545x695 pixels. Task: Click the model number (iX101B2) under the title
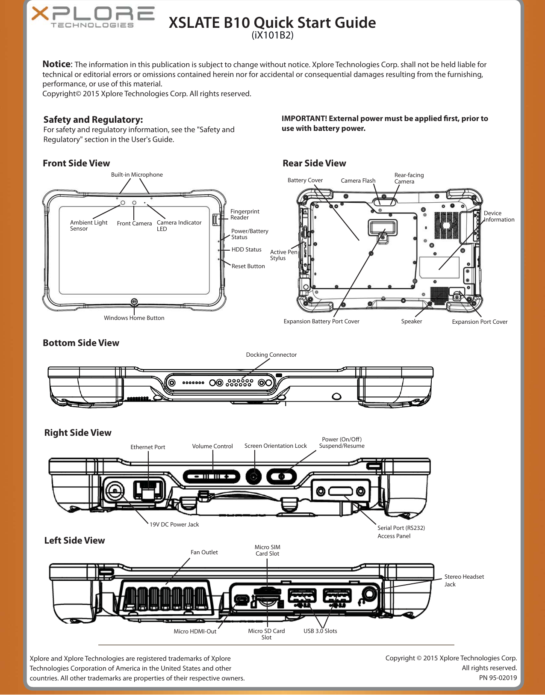(272, 35)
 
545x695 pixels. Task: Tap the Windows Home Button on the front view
(134, 302)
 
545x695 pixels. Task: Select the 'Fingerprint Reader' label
(245, 214)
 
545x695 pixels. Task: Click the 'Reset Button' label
(248, 266)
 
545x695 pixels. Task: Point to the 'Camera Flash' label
(358, 180)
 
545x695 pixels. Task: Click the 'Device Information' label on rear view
(499, 216)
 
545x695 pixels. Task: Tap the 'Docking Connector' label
(271, 355)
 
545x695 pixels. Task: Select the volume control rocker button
(212, 476)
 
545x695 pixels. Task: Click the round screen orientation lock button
(254, 476)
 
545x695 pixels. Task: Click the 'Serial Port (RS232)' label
(401, 528)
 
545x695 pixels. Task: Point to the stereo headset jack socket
(369, 594)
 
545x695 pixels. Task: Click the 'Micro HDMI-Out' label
(195, 631)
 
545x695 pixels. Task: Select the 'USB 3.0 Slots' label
(320, 631)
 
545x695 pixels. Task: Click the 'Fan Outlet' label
(204, 552)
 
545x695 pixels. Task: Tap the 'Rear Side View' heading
(314, 163)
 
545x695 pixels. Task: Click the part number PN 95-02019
(498, 677)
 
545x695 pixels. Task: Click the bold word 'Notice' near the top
(56, 64)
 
